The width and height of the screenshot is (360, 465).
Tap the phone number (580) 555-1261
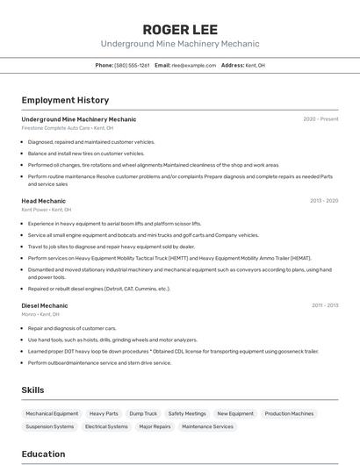click(132, 65)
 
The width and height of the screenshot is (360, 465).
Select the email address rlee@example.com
click(193, 65)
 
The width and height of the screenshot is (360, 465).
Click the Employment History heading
click(65, 100)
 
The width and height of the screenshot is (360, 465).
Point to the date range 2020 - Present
click(320, 118)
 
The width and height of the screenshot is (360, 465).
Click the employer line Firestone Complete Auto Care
click(68, 128)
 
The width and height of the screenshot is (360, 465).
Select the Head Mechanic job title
click(44, 201)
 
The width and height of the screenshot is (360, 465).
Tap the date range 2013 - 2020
click(324, 201)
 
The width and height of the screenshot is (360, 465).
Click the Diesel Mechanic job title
click(45, 305)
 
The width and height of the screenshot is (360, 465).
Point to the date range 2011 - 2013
click(325, 305)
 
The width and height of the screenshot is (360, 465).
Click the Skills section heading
click(32, 390)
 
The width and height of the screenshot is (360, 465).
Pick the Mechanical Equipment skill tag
click(52, 413)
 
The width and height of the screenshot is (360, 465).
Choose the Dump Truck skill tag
click(143, 413)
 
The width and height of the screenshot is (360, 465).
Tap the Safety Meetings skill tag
click(187, 413)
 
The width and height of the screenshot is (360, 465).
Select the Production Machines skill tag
click(289, 413)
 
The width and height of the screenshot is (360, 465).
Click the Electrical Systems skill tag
click(106, 426)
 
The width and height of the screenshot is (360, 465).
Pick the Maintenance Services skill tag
click(207, 426)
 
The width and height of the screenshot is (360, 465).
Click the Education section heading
click(43, 454)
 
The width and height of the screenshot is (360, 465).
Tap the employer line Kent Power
click(47, 211)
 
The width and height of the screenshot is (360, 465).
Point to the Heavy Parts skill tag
click(104, 413)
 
